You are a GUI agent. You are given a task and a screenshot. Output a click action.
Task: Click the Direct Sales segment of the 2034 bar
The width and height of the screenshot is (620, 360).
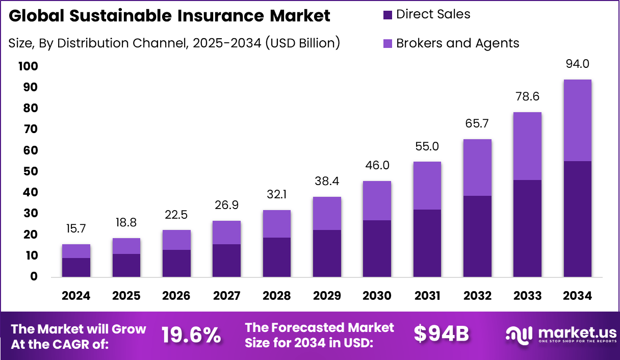[x=577, y=219]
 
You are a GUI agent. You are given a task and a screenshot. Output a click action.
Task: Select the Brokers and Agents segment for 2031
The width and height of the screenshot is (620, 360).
[x=427, y=186]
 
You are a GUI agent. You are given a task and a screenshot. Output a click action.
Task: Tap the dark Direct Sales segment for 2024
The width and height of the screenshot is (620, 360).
[x=76, y=267]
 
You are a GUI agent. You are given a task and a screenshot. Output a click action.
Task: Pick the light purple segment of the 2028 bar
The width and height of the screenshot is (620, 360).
[x=276, y=224]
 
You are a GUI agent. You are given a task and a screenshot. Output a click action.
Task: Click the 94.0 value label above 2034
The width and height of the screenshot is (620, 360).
[x=578, y=64]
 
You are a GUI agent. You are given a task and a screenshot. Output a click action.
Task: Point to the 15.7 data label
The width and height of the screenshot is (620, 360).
[x=76, y=229]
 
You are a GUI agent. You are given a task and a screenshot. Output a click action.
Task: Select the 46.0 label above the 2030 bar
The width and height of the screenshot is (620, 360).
[x=377, y=165]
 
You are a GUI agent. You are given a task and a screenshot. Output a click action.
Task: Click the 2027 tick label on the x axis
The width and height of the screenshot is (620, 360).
[x=226, y=296]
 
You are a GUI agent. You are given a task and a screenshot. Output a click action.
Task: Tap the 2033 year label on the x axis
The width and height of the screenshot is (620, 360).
[x=527, y=296]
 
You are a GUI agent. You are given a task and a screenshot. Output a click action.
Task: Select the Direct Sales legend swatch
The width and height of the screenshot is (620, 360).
[x=387, y=15]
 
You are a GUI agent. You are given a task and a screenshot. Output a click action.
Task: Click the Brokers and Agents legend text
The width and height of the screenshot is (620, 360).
[x=457, y=43]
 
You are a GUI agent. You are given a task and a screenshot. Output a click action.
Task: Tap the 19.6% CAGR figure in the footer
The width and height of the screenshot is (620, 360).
[x=191, y=335]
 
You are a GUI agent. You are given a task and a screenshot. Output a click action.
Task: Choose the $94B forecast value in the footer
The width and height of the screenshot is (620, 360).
[x=441, y=333]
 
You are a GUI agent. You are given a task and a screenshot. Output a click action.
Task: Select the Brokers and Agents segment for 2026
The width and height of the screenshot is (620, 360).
[x=176, y=240]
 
